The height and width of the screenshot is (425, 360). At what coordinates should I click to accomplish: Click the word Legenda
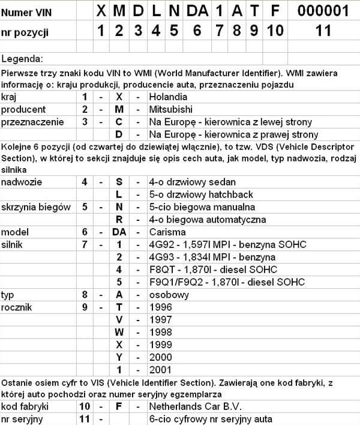pyautogui.click(x=22, y=59)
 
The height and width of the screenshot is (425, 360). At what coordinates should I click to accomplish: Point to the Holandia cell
pyautogui.click(x=168, y=97)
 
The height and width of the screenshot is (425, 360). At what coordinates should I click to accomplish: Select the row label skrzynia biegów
pyautogui.click(x=35, y=207)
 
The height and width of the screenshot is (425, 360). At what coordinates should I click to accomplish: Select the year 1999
pyautogui.click(x=160, y=345)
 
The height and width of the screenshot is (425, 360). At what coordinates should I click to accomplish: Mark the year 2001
pyautogui.click(x=160, y=370)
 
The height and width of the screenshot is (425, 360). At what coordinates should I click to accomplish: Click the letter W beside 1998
pyautogui.click(x=119, y=332)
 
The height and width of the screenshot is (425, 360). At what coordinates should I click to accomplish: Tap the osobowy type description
pyautogui.click(x=169, y=295)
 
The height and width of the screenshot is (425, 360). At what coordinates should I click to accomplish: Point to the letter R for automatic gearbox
pyautogui.click(x=119, y=220)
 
